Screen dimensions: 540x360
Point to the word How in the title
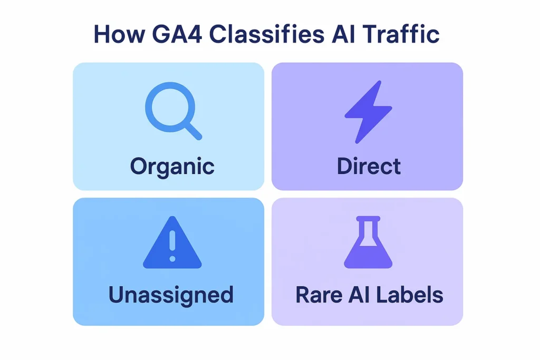coord(117,34)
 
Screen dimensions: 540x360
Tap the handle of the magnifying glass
coord(193,132)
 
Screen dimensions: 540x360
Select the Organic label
coord(172,167)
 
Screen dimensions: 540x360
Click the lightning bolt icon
coord(368,112)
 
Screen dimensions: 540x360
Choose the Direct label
coord(369,166)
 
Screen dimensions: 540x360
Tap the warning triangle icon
coord(172,244)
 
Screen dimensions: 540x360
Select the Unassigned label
coord(171,295)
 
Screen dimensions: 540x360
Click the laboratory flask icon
coord(368,243)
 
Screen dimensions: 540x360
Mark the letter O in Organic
coord(139,167)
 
